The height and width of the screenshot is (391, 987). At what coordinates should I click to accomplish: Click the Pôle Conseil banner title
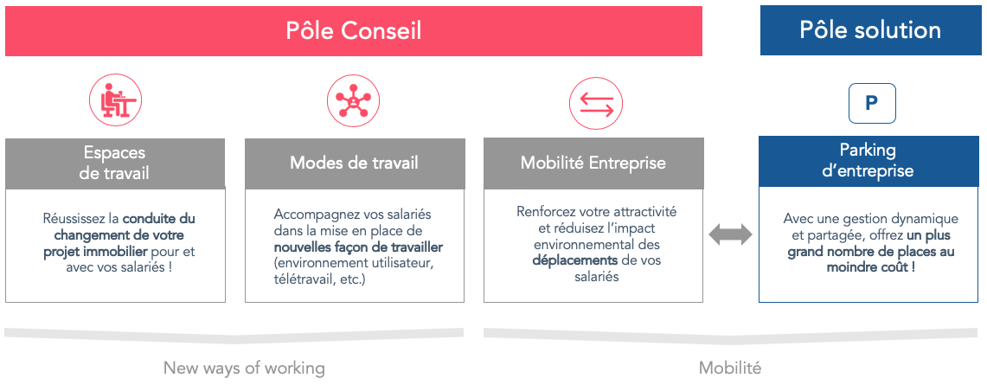[354, 31]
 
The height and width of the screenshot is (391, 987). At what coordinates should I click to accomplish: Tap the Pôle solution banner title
[870, 30]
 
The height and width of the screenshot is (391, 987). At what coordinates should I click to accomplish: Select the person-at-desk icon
[115, 99]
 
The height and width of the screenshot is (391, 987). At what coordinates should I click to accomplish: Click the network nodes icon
[353, 99]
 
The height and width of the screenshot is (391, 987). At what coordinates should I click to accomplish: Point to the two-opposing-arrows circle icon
[595, 103]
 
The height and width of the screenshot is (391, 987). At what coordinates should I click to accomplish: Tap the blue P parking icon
[872, 103]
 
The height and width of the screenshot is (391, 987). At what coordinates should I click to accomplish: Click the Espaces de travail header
[114, 163]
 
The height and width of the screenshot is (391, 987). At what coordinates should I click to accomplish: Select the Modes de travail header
[355, 163]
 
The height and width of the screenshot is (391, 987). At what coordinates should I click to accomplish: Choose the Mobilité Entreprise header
[593, 163]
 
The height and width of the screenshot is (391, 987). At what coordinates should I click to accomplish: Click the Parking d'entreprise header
[868, 161]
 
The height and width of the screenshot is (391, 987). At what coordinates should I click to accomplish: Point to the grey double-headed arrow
[730, 234]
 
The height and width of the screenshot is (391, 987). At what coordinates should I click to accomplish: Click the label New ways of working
[244, 368]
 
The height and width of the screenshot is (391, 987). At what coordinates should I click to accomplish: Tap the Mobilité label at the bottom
[730, 368]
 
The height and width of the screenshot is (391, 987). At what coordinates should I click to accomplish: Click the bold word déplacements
[574, 260]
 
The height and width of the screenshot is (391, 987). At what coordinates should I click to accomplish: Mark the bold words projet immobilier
[96, 252]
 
